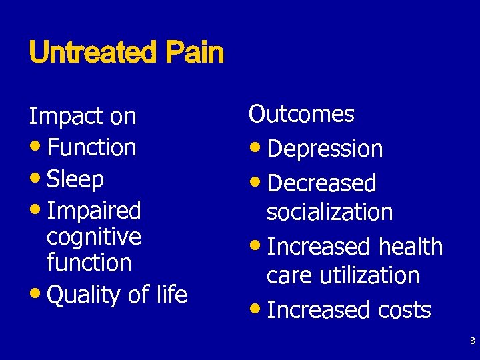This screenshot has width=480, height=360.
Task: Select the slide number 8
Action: click(472, 341)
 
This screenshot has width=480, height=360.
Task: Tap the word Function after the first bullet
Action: click(92, 147)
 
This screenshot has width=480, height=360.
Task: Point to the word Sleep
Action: click(76, 179)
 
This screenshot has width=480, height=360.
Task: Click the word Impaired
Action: click(94, 211)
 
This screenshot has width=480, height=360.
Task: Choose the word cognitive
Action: click(94, 237)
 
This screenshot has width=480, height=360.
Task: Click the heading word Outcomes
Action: click(301, 114)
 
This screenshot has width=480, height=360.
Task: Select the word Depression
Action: click(325, 149)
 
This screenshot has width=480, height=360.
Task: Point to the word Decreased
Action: click(321, 183)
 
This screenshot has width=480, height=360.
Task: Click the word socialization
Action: click(329, 212)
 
